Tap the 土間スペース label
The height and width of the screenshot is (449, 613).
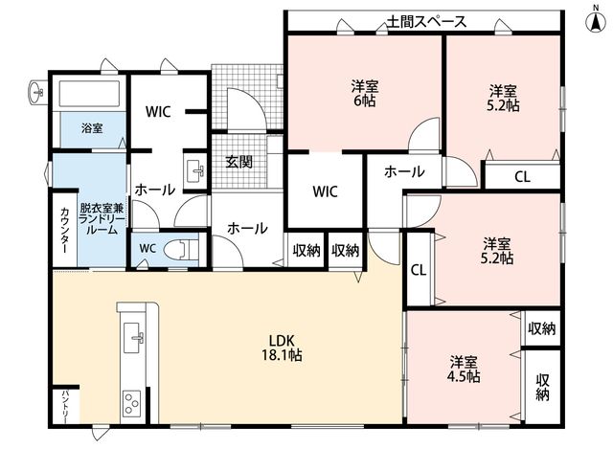click(x=426, y=21)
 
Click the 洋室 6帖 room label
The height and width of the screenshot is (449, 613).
click(x=364, y=93)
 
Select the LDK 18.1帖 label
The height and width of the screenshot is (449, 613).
click(x=282, y=348)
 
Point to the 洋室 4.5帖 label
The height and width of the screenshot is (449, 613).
click(x=464, y=369)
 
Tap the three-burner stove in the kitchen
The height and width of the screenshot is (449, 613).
click(x=132, y=402)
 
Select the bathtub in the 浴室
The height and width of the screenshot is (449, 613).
click(x=89, y=93)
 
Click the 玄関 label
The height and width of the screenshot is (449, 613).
click(x=238, y=162)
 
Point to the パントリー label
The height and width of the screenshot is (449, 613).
click(x=64, y=407)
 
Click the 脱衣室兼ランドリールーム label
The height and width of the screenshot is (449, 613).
click(x=102, y=219)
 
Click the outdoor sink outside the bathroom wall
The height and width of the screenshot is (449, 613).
click(x=36, y=93)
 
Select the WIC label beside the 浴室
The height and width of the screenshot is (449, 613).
click(x=158, y=112)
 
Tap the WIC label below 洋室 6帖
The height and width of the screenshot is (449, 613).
click(x=326, y=191)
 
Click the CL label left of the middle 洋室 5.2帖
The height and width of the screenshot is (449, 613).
click(x=419, y=270)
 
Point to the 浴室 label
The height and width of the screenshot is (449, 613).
click(x=92, y=127)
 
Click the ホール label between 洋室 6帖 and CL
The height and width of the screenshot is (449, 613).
click(x=404, y=171)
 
